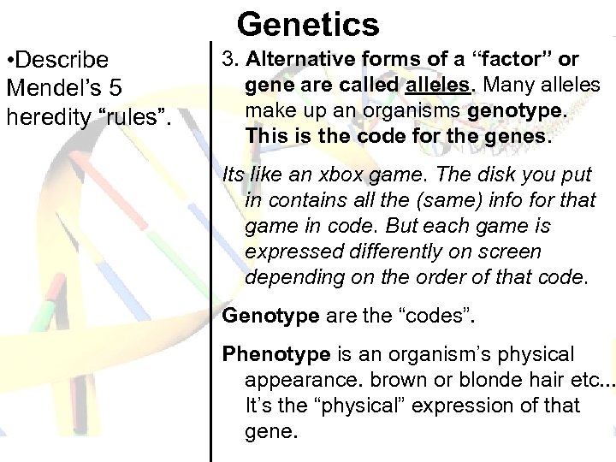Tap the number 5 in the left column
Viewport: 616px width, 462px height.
125,88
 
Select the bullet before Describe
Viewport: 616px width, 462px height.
10,61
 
